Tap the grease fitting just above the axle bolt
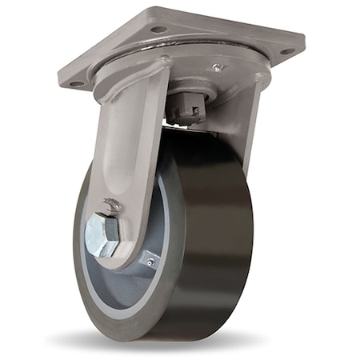click(x=115, y=206)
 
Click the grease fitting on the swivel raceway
click(x=215, y=69)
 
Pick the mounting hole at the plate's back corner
click(x=158, y=29)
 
